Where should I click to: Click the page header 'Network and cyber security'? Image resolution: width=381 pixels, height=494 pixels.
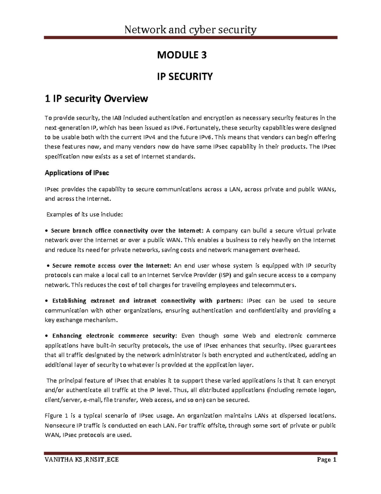190,30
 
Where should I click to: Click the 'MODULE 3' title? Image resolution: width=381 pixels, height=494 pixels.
182,55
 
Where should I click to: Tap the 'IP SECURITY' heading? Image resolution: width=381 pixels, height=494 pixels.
185,77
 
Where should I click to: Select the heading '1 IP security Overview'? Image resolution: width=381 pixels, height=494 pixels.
96,99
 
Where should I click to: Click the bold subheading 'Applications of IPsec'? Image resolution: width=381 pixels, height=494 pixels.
77,173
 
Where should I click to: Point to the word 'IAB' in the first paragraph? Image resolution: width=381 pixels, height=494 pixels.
116,118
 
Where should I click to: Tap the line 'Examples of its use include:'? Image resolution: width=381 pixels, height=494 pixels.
84,214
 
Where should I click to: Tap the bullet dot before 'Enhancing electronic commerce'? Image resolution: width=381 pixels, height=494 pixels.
47,336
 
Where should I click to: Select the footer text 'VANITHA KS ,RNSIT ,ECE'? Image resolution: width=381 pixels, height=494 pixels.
82,460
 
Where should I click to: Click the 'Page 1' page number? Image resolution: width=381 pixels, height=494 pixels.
326,460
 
